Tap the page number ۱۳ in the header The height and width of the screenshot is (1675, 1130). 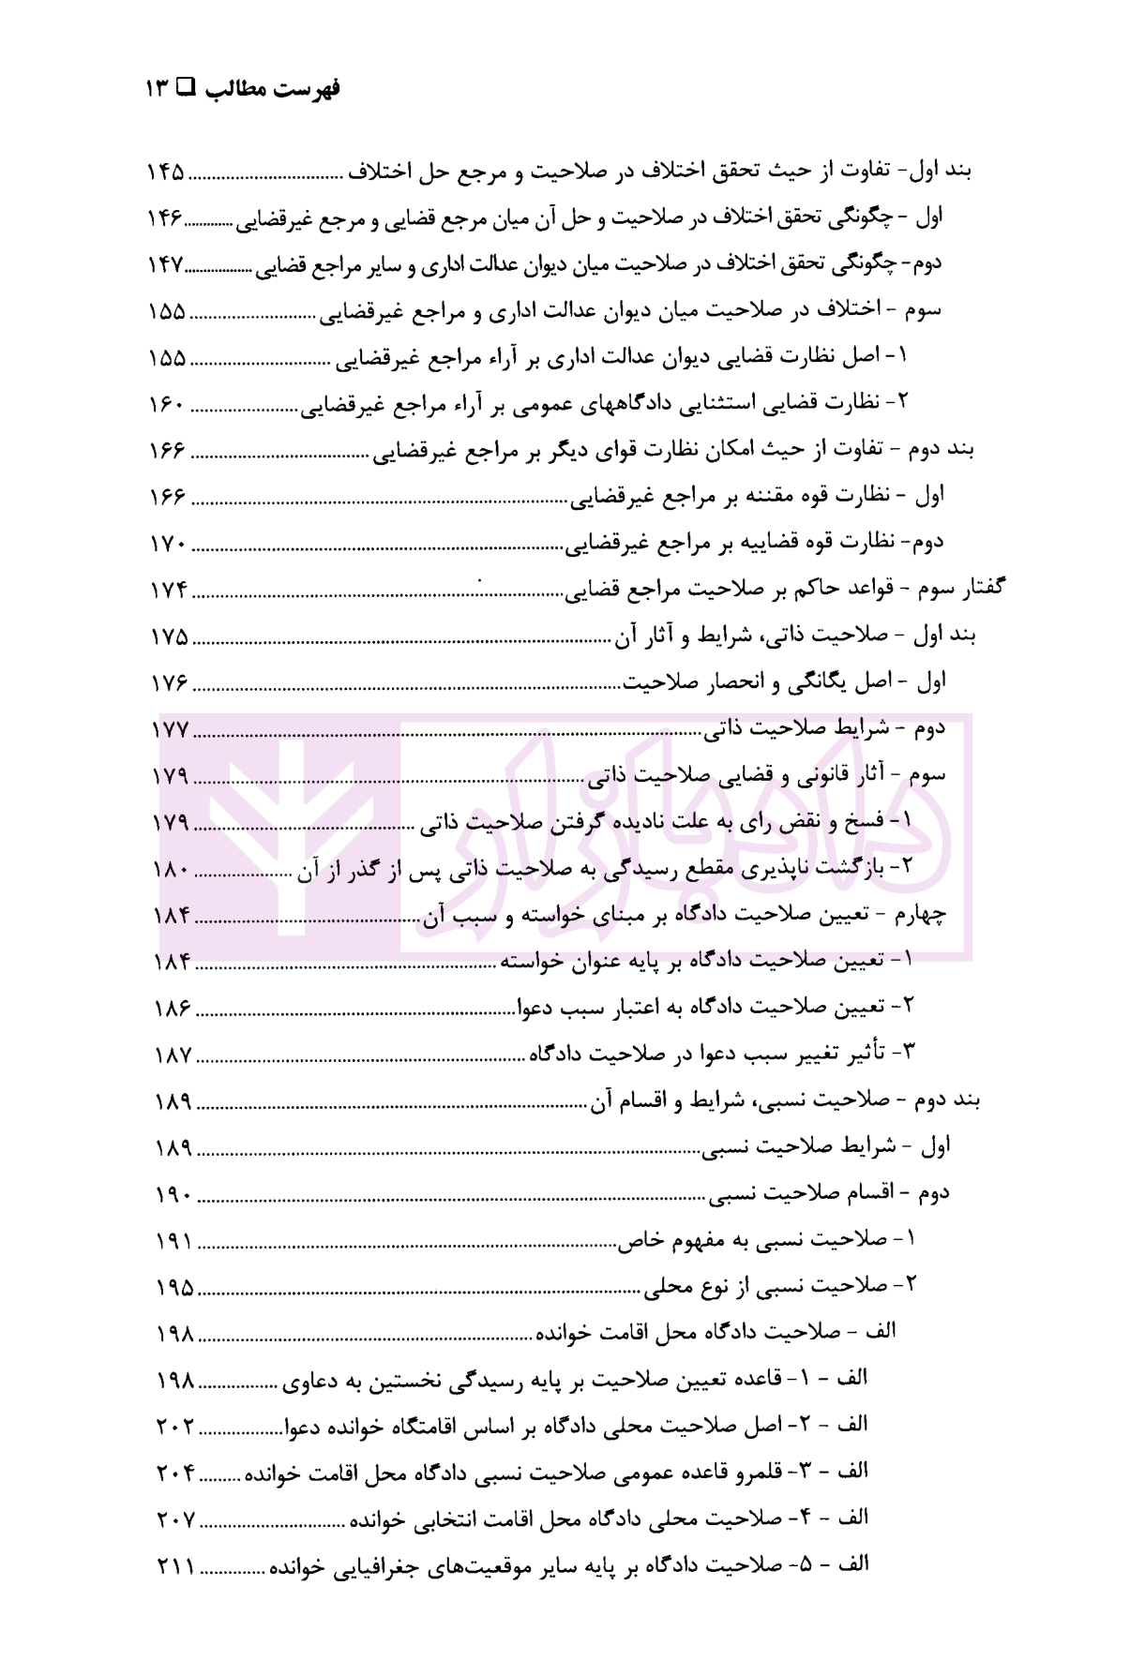click(x=157, y=90)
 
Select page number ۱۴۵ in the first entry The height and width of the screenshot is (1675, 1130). click(x=166, y=172)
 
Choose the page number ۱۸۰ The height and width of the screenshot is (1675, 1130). click(x=171, y=869)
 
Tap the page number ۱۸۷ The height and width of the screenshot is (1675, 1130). click(x=173, y=1054)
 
